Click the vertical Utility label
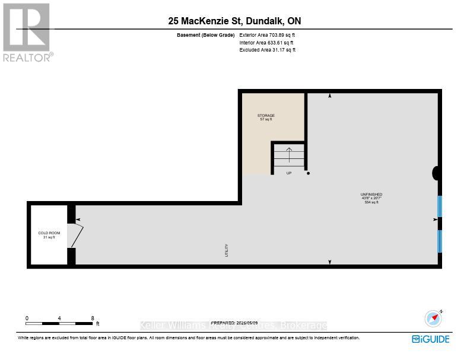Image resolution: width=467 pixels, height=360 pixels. point(227,250)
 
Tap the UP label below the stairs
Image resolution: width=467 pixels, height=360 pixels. point(289,173)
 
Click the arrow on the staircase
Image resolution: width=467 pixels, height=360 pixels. point(289,155)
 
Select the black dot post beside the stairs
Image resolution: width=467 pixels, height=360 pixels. point(308,173)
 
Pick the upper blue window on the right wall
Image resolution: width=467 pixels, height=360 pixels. point(440,206)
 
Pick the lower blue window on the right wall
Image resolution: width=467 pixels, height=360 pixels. point(440,241)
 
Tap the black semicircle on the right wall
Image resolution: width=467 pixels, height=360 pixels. point(437,173)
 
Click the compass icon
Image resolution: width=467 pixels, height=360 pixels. point(434,318)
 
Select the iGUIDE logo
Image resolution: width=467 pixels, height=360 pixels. point(430,339)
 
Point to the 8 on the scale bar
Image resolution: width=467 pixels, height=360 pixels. point(93,318)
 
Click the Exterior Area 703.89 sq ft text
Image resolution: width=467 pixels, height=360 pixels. point(267,36)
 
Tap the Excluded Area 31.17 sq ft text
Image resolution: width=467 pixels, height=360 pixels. point(267,50)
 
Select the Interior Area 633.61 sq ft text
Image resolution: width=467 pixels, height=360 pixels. point(266,43)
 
